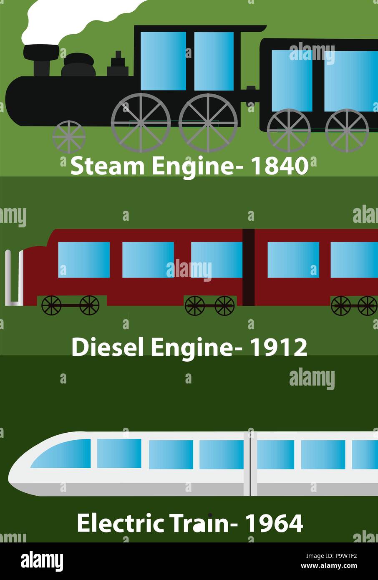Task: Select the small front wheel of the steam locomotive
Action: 69,136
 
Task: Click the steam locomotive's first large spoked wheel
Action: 141,122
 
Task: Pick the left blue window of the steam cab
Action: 163,61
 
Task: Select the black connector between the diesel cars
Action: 249,267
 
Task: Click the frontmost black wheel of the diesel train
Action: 51,305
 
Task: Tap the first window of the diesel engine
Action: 84,260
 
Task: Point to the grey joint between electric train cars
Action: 250,464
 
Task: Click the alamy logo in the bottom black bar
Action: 42,561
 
